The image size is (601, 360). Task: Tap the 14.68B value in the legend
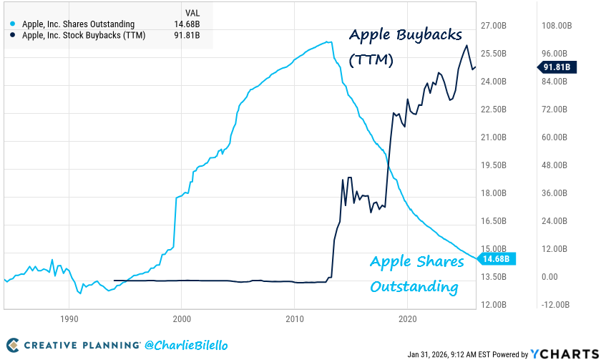pyautogui.click(x=188, y=24)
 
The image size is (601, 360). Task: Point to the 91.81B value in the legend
pyautogui.click(x=188, y=36)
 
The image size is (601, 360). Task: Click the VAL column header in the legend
pyautogui.click(x=192, y=12)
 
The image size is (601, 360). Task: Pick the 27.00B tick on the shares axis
pyautogui.click(x=494, y=26)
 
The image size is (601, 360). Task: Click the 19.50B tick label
pyautogui.click(x=494, y=165)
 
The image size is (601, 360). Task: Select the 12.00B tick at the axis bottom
pyautogui.click(x=494, y=305)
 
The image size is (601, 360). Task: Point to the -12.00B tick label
pyautogui.click(x=557, y=305)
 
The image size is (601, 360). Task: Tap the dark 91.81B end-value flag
pyautogui.click(x=556, y=68)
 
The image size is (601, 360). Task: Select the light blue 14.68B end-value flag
pyautogui.click(x=494, y=258)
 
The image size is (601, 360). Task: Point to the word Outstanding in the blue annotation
pyautogui.click(x=413, y=287)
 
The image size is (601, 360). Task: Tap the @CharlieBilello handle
pyautogui.click(x=185, y=346)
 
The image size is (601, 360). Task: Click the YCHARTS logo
pyautogui.click(x=562, y=354)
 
